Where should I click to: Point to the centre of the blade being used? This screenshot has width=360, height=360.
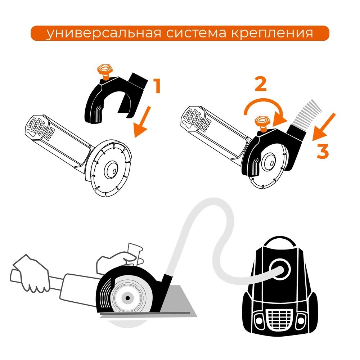(x=127, y=297)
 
